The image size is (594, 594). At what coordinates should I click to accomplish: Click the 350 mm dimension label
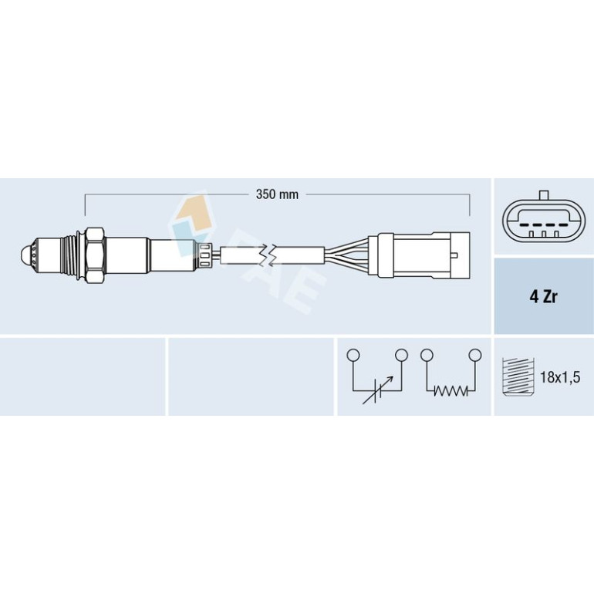[277, 194]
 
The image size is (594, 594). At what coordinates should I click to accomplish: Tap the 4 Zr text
[543, 297]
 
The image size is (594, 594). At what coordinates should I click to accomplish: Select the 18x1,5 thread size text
[560, 377]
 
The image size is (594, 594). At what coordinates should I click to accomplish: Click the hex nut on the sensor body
[95, 256]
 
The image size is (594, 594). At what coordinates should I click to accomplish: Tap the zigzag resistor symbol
[451, 390]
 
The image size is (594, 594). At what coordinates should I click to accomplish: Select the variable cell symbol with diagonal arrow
[378, 390]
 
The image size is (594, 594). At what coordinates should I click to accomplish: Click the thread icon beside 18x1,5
[518, 376]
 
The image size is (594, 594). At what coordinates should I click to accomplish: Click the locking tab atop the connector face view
[544, 195]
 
